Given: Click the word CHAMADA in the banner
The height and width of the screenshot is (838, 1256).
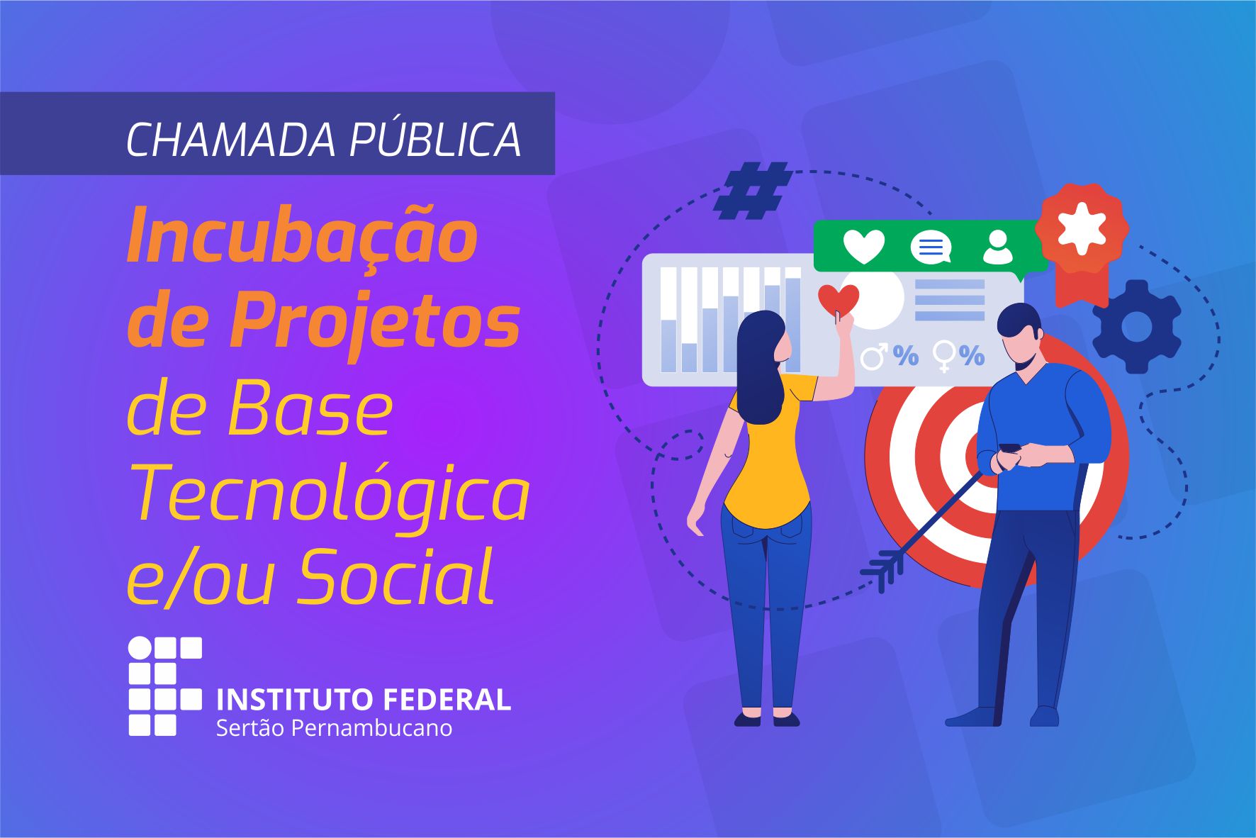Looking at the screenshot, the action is tap(230, 139).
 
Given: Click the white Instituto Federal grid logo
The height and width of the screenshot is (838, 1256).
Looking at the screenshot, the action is tap(165, 686).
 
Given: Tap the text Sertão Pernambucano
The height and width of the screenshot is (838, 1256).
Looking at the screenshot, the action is tap(334, 728).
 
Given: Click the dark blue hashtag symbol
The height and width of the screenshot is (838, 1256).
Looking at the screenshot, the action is tap(753, 190).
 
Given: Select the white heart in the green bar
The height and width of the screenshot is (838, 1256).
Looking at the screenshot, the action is tap(863, 247).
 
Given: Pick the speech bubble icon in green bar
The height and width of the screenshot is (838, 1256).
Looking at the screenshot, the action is tap(931, 247).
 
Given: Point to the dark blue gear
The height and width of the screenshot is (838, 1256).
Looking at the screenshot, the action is tap(1137, 327).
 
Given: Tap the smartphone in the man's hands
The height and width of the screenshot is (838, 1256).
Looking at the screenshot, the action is tap(1010, 447).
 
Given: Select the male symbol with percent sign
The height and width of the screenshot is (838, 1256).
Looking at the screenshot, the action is tap(889, 356).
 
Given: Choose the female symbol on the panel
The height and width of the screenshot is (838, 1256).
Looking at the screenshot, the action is tap(945, 356).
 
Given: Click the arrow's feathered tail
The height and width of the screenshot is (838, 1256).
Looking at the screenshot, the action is tap(883, 569).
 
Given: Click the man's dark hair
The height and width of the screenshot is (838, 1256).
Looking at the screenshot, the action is tap(1019, 321).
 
